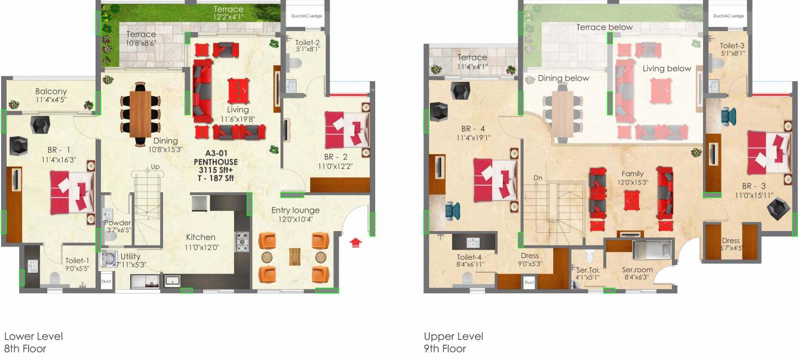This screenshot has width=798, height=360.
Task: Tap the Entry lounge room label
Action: (295, 210)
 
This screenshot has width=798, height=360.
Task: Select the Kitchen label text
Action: (200, 237)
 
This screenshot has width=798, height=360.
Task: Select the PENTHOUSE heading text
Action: (216, 162)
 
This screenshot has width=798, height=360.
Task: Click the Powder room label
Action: (117, 223)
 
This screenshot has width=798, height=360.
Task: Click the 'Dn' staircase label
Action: (537, 178)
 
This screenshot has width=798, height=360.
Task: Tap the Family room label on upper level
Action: (632, 174)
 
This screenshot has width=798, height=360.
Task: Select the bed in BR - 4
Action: (495, 180)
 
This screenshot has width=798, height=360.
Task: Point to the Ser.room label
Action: (637, 269)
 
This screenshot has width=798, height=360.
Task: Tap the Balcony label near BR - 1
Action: (51, 91)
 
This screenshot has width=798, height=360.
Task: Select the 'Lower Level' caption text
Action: (33, 337)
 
